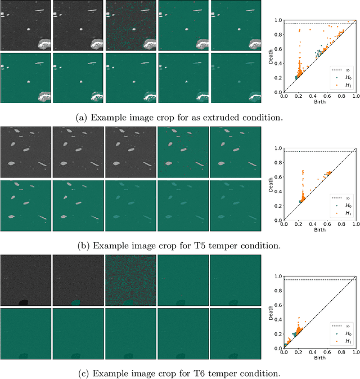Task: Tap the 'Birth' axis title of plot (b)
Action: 319,230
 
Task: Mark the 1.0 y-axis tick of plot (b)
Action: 278,148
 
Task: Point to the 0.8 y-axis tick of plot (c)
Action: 278,291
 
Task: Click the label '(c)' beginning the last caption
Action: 82,373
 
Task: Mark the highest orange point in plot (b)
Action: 303,171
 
